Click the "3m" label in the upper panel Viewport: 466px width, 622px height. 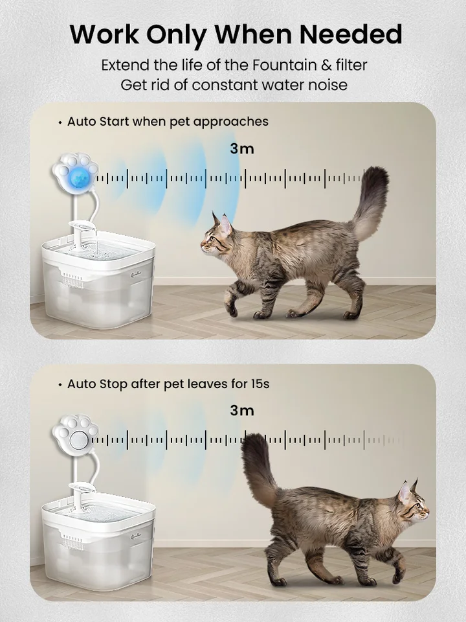(x=242, y=148)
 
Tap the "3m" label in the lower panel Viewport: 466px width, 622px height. (x=242, y=410)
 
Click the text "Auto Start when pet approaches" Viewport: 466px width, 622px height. (x=168, y=122)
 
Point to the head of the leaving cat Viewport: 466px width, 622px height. (x=412, y=502)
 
